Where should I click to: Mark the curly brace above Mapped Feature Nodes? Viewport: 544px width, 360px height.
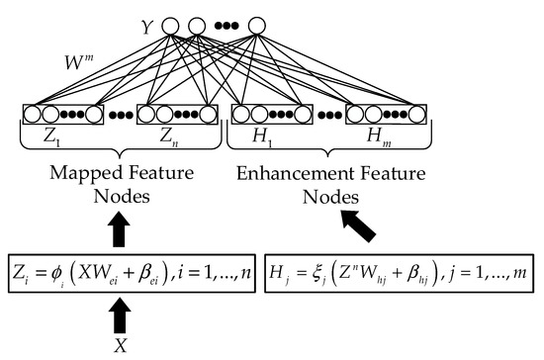(120, 148)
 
